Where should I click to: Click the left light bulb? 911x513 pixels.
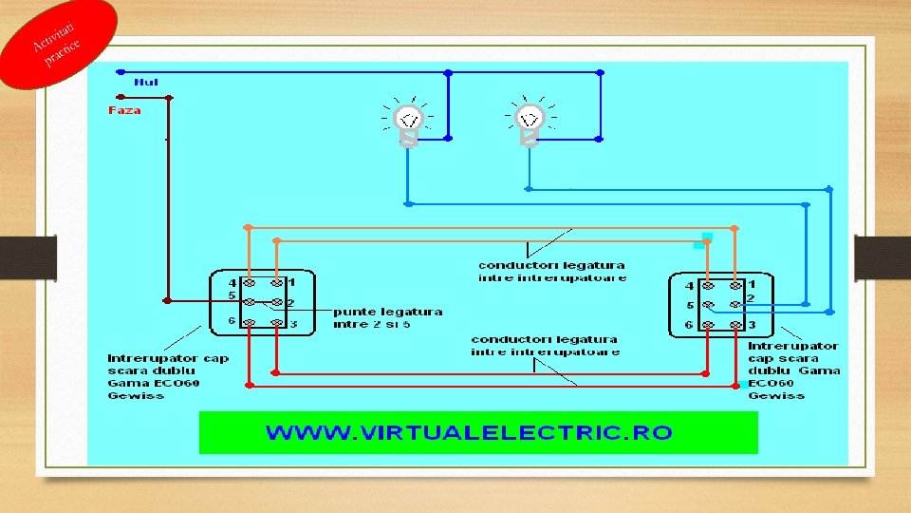tap(409, 123)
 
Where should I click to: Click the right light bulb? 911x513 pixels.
tap(529, 121)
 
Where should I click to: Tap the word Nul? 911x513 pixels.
tap(146, 83)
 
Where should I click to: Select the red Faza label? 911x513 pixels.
tap(124, 110)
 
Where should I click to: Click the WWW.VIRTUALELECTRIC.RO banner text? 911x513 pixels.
tap(469, 433)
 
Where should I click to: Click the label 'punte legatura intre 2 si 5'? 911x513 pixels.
tap(387, 317)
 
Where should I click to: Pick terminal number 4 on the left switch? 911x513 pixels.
tap(232, 283)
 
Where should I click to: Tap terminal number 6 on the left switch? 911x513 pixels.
tap(232, 321)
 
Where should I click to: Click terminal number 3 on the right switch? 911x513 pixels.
tap(751, 326)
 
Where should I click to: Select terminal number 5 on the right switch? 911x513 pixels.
tap(690, 306)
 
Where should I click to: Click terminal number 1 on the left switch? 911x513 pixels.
tap(292, 282)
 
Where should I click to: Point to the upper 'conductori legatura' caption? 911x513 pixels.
tap(551, 272)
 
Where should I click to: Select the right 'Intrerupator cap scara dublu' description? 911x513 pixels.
tap(793, 370)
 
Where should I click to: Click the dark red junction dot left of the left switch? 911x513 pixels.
tap(167, 300)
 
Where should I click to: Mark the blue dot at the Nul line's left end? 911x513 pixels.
tap(121, 71)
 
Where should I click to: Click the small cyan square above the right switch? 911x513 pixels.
tap(706, 236)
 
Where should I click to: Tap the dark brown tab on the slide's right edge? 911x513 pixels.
tap(882, 257)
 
